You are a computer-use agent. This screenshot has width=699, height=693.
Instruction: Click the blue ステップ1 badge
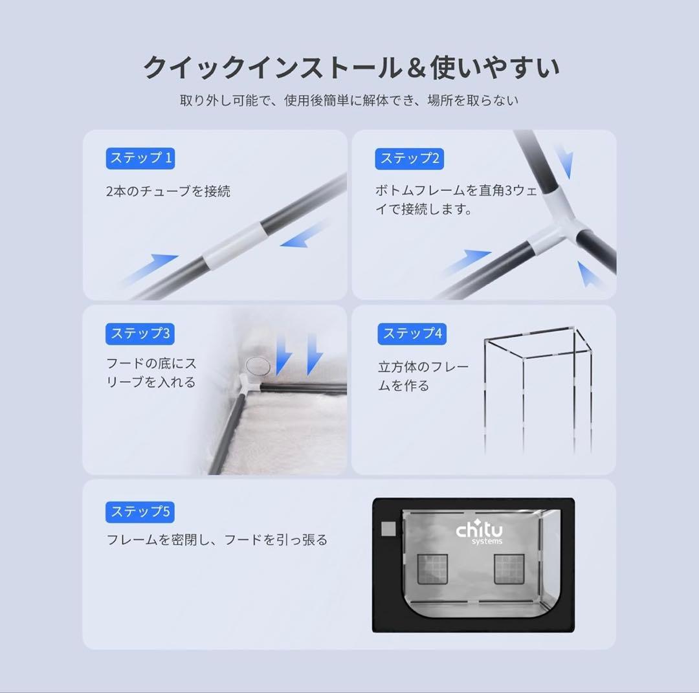point(140,158)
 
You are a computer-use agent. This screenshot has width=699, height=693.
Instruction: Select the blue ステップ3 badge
point(140,334)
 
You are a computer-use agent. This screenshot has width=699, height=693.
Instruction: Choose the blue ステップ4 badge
point(412,334)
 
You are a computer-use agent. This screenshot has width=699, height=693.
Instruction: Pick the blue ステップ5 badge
point(140,512)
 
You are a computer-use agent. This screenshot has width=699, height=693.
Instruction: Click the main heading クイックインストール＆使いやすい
point(350,67)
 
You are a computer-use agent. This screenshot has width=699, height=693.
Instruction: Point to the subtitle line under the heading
point(349,101)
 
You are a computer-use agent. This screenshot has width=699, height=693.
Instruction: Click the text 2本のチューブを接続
point(168,192)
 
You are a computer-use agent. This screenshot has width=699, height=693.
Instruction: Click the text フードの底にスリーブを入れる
point(151,373)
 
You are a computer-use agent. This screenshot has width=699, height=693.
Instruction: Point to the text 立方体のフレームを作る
point(423,377)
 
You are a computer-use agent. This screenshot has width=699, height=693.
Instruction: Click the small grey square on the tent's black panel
point(388,529)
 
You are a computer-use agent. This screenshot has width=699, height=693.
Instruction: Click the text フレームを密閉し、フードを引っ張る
point(217,540)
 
